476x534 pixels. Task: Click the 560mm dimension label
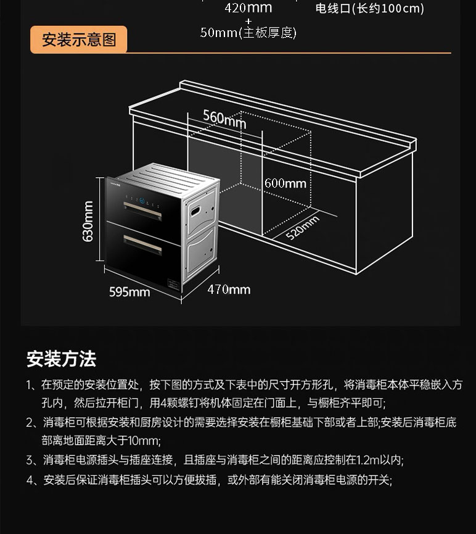pyautogui.click(x=224, y=119)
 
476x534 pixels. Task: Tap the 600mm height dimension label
pyautogui.click(x=285, y=183)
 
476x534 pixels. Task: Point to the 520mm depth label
pyautogui.click(x=302, y=228)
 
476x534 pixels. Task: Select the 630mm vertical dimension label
pyautogui.click(x=88, y=221)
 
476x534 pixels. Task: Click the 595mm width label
pyautogui.click(x=129, y=292)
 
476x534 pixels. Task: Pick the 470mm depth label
pyautogui.click(x=229, y=290)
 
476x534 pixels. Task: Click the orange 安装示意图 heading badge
pyautogui.click(x=78, y=40)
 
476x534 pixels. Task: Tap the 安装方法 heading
pyautogui.click(x=62, y=359)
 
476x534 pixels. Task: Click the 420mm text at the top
pyautogui.click(x=248, y=7)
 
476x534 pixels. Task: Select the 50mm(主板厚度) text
pyautogui.click(x=248, y=33)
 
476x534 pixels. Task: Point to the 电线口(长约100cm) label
pyautogui.click(x=370, y=8)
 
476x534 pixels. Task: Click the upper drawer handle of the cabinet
pyautogui.click(x=142, y=211)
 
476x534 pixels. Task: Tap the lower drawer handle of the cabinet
pyautogui.click(x=142, y=244)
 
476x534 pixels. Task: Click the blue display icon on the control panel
pyautogui.click(x=142, y=201)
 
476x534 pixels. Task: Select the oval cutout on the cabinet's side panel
pyautogui.click(x=195, y=211)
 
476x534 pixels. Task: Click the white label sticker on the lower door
pyautogui.click(x=173, y=285)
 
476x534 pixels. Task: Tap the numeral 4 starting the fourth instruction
pyautogui.click(x=30, y=480)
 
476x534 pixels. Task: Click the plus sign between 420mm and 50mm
pyautogui.click(x=248, y=21)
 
